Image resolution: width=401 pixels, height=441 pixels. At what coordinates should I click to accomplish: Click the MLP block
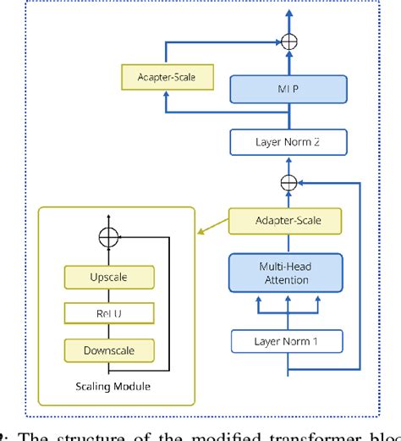click(288, 89)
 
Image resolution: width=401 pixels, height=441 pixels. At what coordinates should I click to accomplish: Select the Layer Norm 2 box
click(288, 141)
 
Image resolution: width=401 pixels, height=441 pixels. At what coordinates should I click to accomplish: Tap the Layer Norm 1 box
click(288, 342)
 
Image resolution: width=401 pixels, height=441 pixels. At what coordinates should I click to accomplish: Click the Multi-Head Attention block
click(288, 273)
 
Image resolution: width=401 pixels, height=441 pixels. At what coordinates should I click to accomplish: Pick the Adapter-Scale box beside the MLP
click(167, 78)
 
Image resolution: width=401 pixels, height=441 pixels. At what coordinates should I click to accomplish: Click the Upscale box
click(108, 278)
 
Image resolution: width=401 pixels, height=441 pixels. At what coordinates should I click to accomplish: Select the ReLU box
click(108, 313)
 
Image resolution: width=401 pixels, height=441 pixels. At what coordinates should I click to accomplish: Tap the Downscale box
click(108, 349)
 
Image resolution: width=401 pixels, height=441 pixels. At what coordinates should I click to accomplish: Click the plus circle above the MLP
click(288, 39)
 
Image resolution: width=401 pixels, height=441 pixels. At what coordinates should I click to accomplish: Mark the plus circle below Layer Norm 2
click(288, 180)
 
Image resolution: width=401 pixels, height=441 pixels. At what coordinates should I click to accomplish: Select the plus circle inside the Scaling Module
click(108, 238)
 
